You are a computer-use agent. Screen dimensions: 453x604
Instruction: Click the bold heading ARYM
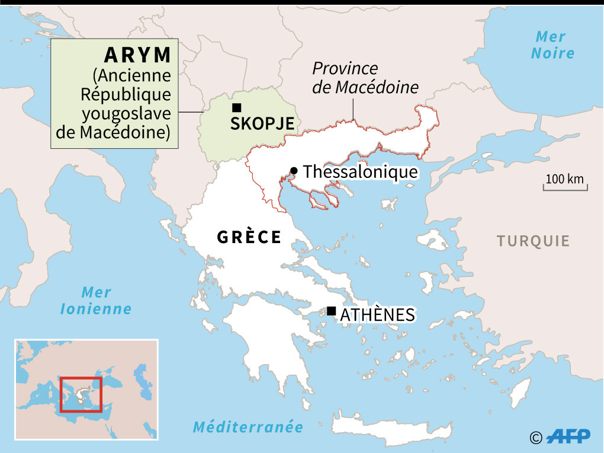coord(137,55)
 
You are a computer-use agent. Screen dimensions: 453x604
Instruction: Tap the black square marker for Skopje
coord(237,107)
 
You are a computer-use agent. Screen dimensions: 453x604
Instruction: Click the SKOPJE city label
coord(262,124)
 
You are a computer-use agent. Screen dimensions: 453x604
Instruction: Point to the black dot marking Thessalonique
coord(294,171)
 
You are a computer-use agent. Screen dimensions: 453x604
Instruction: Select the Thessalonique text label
coord(360,172)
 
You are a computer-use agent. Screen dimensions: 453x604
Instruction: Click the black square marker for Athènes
coord(331,311)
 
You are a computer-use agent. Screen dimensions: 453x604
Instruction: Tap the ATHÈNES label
coord(377,315)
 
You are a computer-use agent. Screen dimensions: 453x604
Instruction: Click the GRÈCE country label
coord(249,237)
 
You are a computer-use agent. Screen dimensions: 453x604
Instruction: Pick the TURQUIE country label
coord(533,241)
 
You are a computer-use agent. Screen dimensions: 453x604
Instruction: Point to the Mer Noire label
coord(552,44)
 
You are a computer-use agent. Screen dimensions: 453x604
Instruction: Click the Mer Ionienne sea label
coord(96,300)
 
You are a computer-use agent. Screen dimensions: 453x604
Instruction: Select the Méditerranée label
coord(248,427)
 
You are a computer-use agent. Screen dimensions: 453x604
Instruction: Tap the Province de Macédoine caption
coord(365,78)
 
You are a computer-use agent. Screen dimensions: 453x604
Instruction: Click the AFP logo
coord(568,436)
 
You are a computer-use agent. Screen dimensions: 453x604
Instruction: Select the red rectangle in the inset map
coord(81,394)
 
